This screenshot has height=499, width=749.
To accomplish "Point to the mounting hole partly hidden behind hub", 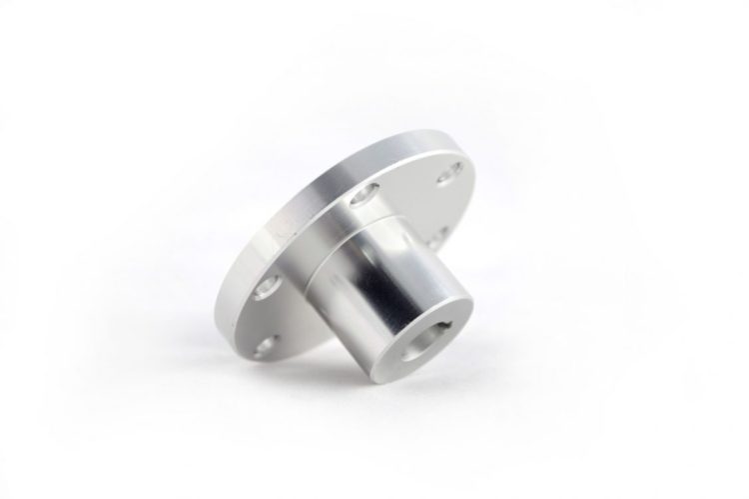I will point(432,237).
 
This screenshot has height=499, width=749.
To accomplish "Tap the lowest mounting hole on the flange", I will point(263,346).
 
